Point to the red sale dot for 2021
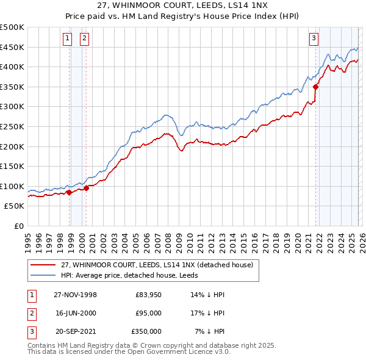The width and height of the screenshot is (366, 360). click(x=315, y=87)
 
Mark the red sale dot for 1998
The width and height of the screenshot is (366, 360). click(x=69, y=192)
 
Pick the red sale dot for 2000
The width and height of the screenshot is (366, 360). click(x=86, y=188)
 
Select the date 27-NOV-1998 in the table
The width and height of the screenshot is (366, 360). click(x=76, y=295)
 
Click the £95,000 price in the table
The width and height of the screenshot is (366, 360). click(x=148, y=313)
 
